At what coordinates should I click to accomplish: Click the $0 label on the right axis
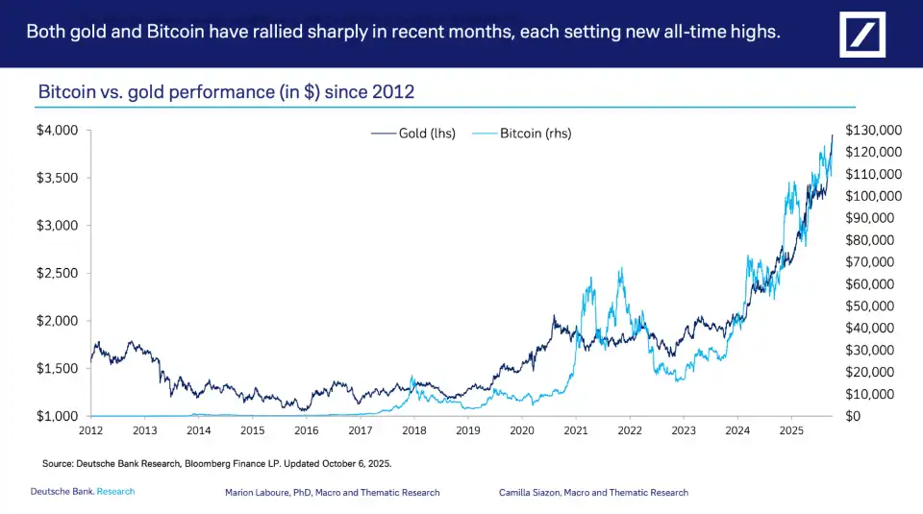(x=854, y=416)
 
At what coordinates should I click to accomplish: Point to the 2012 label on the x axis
(x=90, y=431)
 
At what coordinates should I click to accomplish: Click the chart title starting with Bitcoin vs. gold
(x=226, y=92)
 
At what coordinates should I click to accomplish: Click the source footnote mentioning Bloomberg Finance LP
(x=216, y=463)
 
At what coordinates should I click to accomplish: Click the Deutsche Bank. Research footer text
(x=83, y=492)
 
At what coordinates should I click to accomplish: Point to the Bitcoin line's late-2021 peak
(x=621, y=269)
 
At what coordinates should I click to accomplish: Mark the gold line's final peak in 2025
(x=833, y=136)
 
